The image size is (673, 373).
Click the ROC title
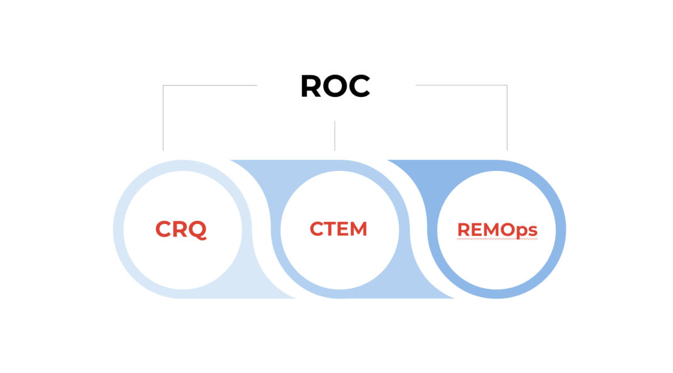click(x=335, y=86)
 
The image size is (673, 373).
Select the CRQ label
click(x=181, y=230)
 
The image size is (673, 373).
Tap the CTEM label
click(x=338, y=229)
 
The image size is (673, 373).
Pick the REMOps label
click(x=497, y=230)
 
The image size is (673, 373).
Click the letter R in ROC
click(x=311, y=86)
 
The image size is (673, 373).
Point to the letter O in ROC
click(x=335, y=86)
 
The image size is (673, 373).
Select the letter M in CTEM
click(x=357, y=229)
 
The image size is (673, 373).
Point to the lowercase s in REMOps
click(x=533, y=231)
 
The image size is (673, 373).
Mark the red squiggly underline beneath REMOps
click(x=497, y=240)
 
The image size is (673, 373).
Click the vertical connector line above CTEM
click(x=335, y=135)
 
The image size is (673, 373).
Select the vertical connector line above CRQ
click(x=163, y=120)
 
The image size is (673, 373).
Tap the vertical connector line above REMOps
click(x=507, y=120)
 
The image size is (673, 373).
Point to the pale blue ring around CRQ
click(x=118, y=230)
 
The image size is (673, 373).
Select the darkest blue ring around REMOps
click(x=560, y=230)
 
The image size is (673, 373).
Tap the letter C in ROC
click(x=359, y=86)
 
